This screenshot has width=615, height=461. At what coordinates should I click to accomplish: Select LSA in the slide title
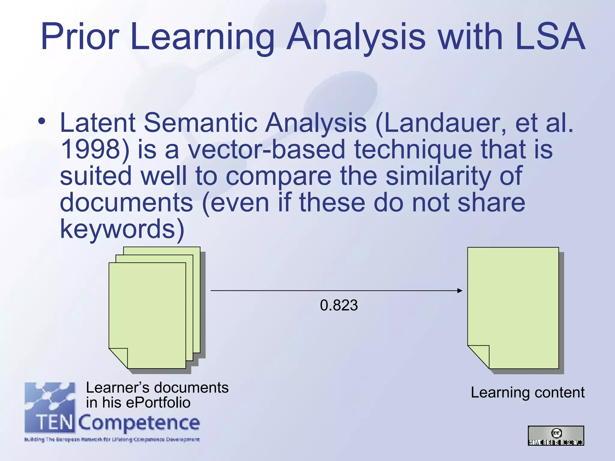(x=550, y=37)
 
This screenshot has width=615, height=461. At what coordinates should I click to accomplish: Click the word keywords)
(x=122, y=229)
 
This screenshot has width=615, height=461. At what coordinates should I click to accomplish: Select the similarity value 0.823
(x=339, y=305)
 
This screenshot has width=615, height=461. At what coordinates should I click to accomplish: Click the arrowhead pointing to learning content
(x=459, y=291)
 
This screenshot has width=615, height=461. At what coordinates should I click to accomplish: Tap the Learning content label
(x=527, y=392)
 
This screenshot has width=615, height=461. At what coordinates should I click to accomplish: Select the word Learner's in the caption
(x=117, y=387)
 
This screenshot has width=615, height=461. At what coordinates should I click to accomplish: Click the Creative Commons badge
(x=556, y=435)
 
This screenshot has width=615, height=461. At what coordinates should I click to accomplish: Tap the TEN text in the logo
(x=55, y=423)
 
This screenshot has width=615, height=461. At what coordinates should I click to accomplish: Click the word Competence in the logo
(x=139, y=423)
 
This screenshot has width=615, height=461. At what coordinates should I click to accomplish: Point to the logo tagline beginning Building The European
(x=112, y=440)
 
